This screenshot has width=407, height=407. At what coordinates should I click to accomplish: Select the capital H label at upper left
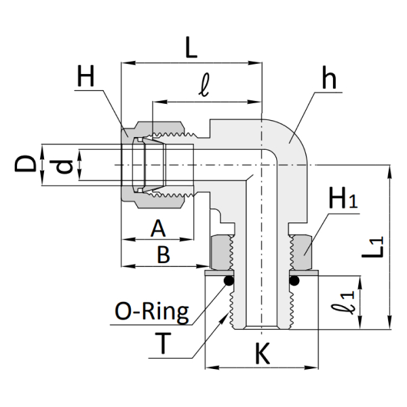87,76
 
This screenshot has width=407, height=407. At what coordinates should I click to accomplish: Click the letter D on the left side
26,163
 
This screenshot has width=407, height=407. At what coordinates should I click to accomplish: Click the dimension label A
157,228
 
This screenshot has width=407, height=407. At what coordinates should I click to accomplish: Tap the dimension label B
162,255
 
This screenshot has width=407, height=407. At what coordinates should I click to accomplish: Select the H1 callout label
343,199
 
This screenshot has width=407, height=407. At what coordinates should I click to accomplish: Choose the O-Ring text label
152,313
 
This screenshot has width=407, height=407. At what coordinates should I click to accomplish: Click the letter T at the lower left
163,345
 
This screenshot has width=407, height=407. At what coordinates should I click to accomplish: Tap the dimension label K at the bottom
262,353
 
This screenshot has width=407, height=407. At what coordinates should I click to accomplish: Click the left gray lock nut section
221,252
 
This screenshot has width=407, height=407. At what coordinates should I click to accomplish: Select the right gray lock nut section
302,252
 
